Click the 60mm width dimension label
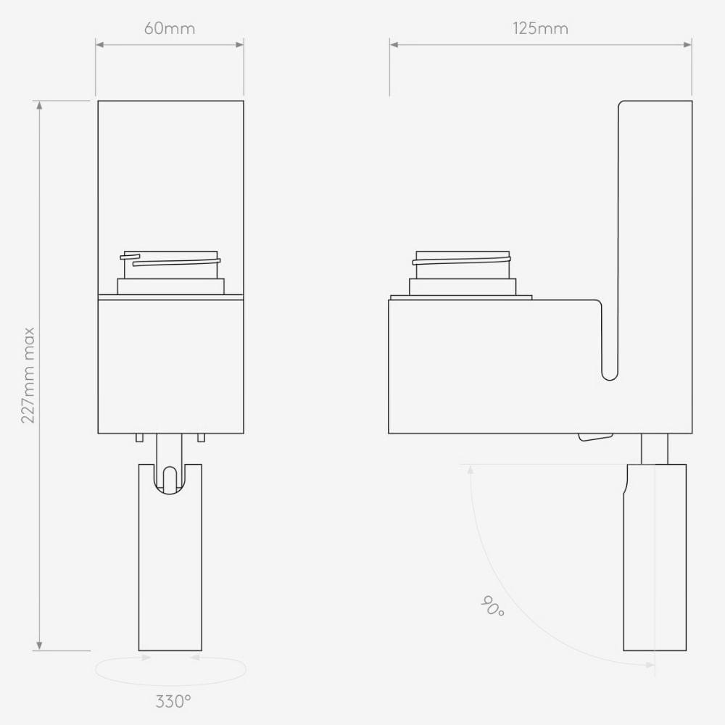click(x=170, y=29)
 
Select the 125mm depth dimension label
click(x=540, y=29)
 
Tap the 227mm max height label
click(x=28, y=376)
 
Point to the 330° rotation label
click(x=173, y=701)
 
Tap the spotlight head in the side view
click(x=655, y=565)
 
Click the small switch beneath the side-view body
click(x=594, y=436)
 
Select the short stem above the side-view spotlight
click(x=654, y=448)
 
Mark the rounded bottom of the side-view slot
click(x=610, y=373)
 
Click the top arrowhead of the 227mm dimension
click(x=39, y=106)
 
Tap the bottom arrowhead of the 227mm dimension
click(x=39, y=645)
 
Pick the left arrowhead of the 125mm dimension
click(x=395, y=44)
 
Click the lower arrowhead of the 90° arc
click(x=650, y=663)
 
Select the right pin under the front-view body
click(x=201, y=437)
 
